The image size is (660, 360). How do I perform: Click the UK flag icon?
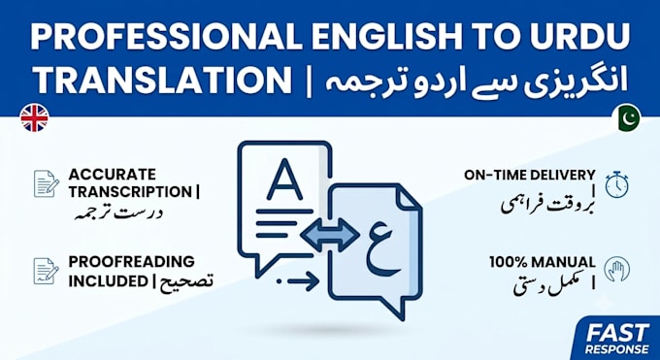[34, 117]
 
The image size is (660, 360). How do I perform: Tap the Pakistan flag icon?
[626, 117]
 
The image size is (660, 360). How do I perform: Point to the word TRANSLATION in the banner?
[162, 80]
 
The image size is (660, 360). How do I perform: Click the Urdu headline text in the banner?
[477, 81]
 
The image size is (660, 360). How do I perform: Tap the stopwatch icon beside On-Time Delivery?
[617, 184]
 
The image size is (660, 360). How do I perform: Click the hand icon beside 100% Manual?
[617, 270]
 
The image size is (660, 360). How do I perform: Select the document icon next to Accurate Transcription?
[47, 183]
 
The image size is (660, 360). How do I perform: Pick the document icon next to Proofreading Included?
[47, 271]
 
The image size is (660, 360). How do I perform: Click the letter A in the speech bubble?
[284, 180]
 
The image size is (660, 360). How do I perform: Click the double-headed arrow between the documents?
[330, 235]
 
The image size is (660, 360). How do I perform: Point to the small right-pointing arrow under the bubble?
[298, 280]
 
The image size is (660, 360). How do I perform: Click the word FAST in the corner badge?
[617, 334]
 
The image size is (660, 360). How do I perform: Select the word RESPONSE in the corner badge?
[617, 349]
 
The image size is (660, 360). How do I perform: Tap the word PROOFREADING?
[132, 261]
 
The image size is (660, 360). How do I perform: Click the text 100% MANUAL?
[543, 262]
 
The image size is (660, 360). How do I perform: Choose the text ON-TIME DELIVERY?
[530, 176]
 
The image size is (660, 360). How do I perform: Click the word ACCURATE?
[112, 175]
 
